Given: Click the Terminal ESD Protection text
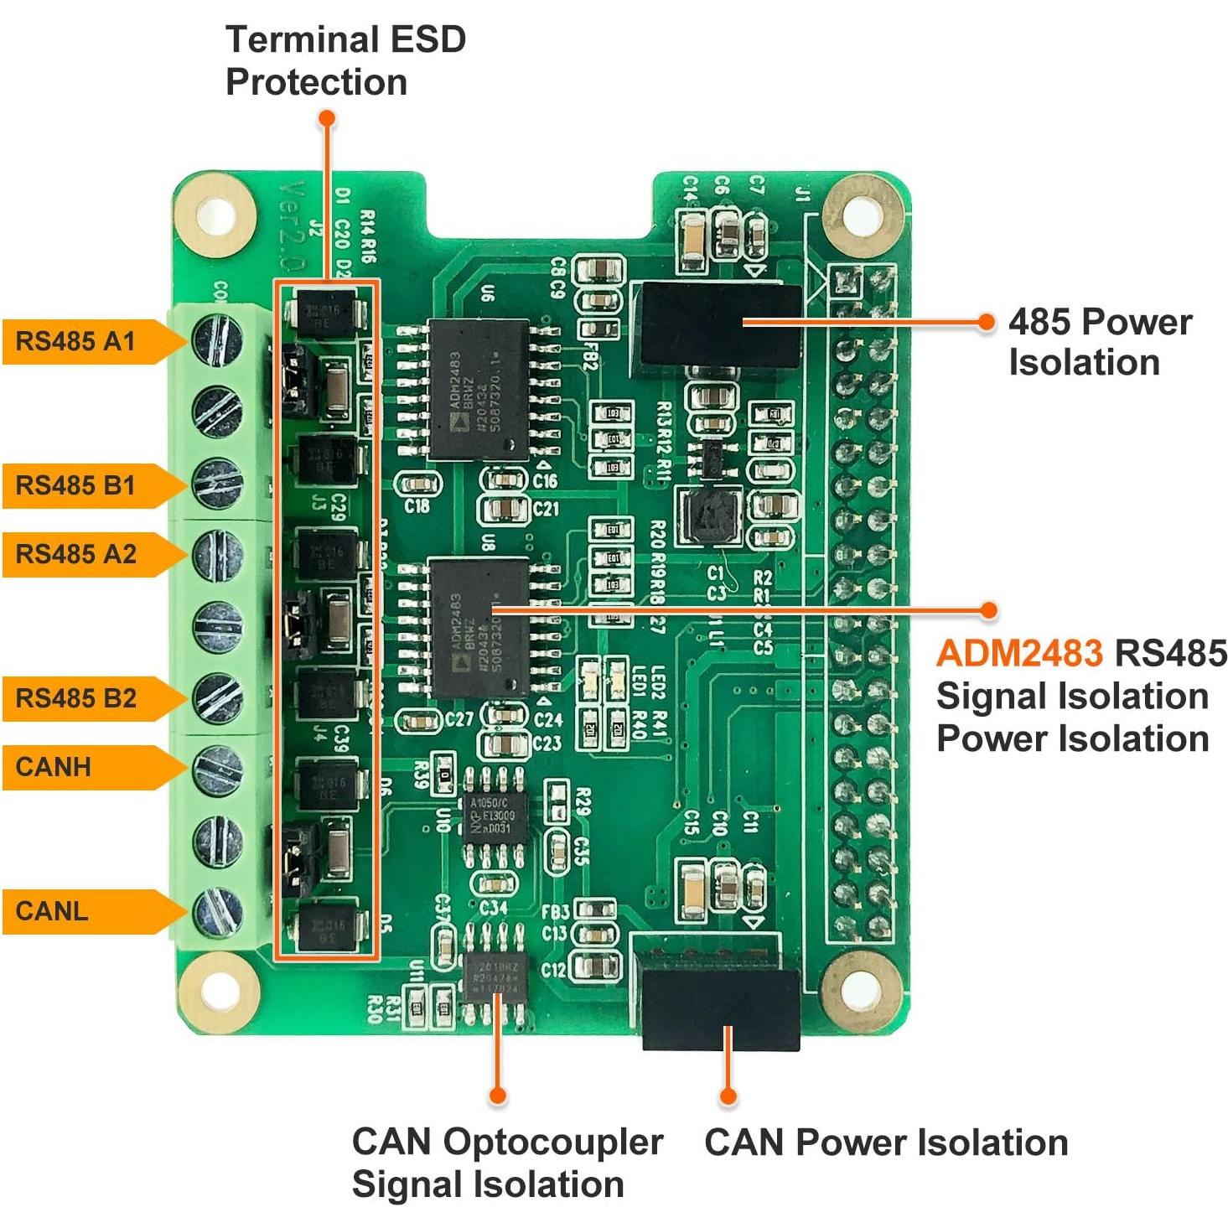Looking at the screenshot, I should (x=345, y=61).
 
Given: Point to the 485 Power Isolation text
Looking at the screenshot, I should (x=1099, y=342).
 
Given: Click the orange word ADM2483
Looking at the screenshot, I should (x=1018, y=653).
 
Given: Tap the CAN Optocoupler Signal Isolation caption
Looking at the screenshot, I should (x=506, y=1163).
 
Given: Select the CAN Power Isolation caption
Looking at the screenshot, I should (x=885, y=1143).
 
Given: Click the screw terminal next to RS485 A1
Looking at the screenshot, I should (x=217, y=339).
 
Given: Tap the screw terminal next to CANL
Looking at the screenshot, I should (x=218, y=912).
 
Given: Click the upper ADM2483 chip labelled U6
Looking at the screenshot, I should (x=479, y=390).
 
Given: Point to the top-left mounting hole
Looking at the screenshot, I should (x=216, y=215).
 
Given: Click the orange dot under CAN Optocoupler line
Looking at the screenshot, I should (x=497, y=1095).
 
